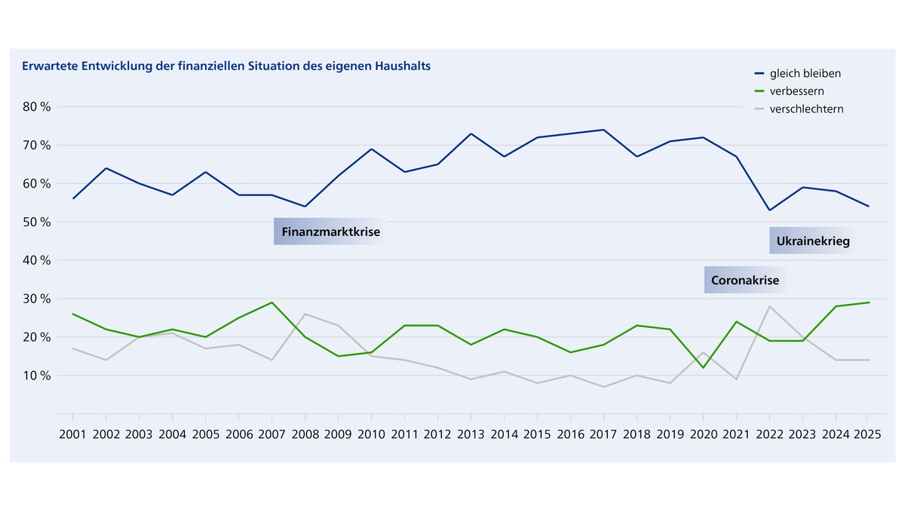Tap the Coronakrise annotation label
(x=745, y=281)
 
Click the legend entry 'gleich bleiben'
(x=805, y=74)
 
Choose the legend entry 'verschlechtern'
(x=806, y=109)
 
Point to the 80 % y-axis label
(x=36, y=106)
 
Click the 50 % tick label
(x=36, y=222)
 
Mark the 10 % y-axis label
(x=36, y=375)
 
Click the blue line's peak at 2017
(x=603, y=130)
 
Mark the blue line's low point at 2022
(x=769, y=210)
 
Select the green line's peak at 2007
(x=271, y=302)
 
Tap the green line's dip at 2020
(x=703, y=367)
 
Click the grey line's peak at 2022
(x=769, y=306)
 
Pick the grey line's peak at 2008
(x=305, y=314)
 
